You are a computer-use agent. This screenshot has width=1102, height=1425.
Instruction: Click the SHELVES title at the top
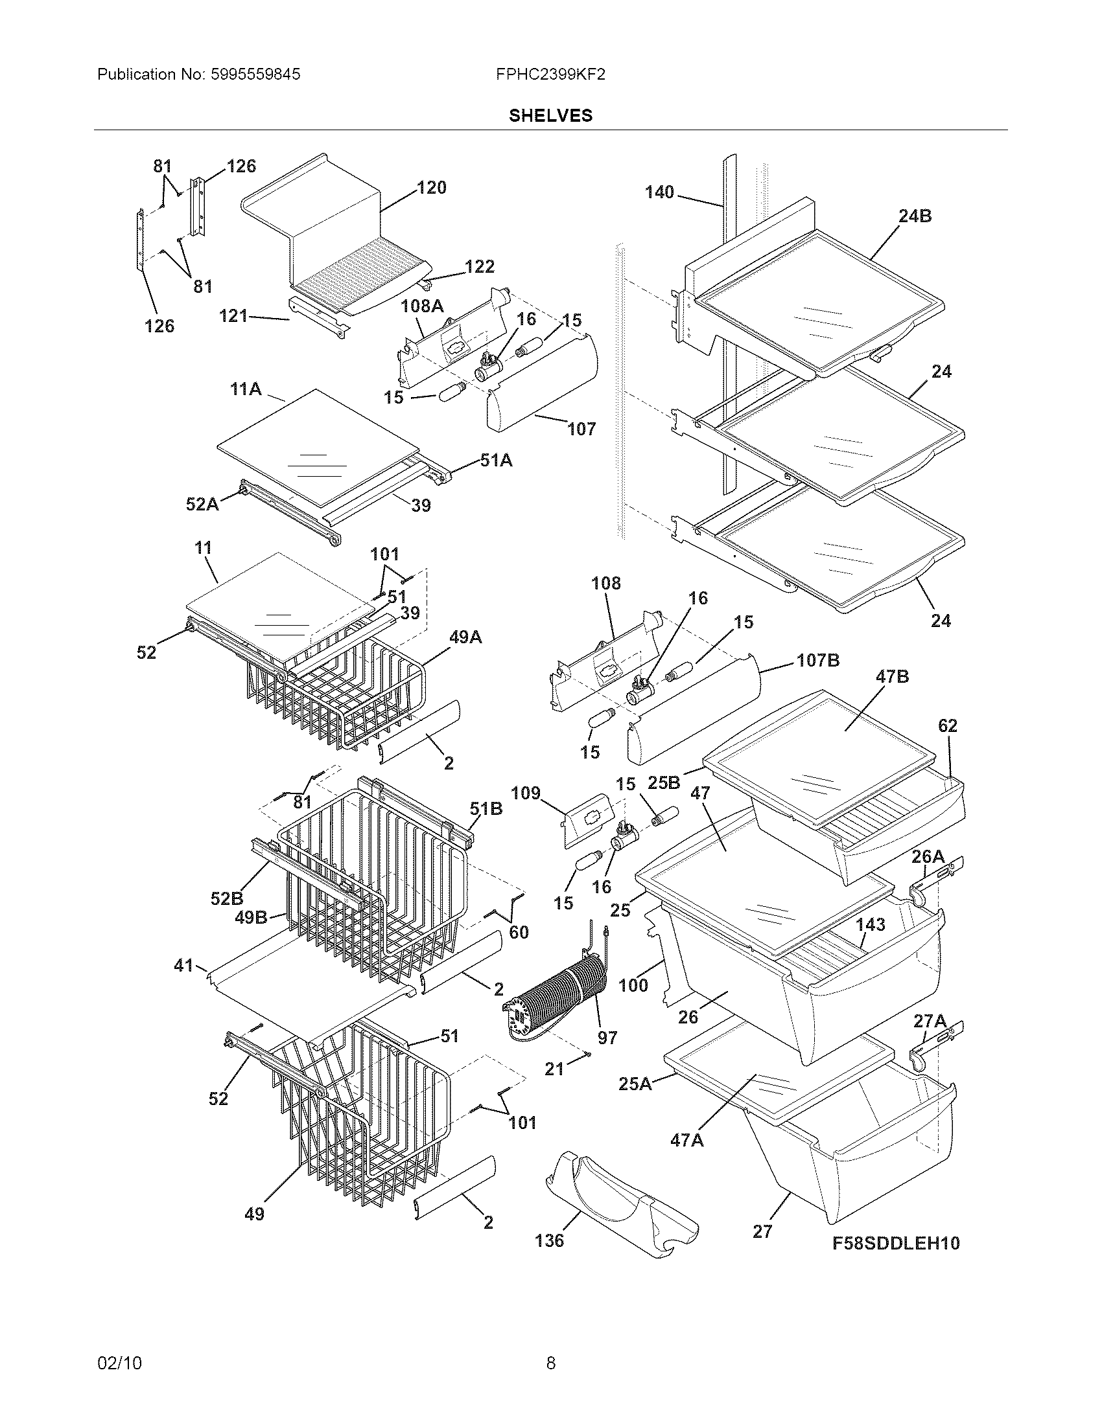[x=550, y=115]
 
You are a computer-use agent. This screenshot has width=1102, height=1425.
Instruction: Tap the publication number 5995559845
[x=255, y=74]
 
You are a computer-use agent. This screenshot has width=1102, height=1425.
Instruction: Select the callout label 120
[x=432, y=188]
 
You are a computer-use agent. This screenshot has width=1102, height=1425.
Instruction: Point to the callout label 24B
[x=915, y=216]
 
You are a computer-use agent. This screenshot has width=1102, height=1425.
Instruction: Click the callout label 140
[x=659, y=192]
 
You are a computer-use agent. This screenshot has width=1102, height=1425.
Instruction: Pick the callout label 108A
[x=423, y=305]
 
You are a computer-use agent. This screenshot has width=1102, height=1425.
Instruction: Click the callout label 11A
[x=246, y=389]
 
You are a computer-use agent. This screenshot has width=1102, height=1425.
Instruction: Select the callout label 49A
[x=465, y=637]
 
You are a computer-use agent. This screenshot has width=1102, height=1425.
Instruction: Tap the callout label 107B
[x=818, y=660]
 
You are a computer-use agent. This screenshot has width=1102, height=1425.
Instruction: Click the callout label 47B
[x=892, y=677]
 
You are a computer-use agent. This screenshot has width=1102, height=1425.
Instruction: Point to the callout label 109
[x=526, y=793]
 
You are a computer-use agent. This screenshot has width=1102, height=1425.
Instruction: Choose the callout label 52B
[x=226, y=898]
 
